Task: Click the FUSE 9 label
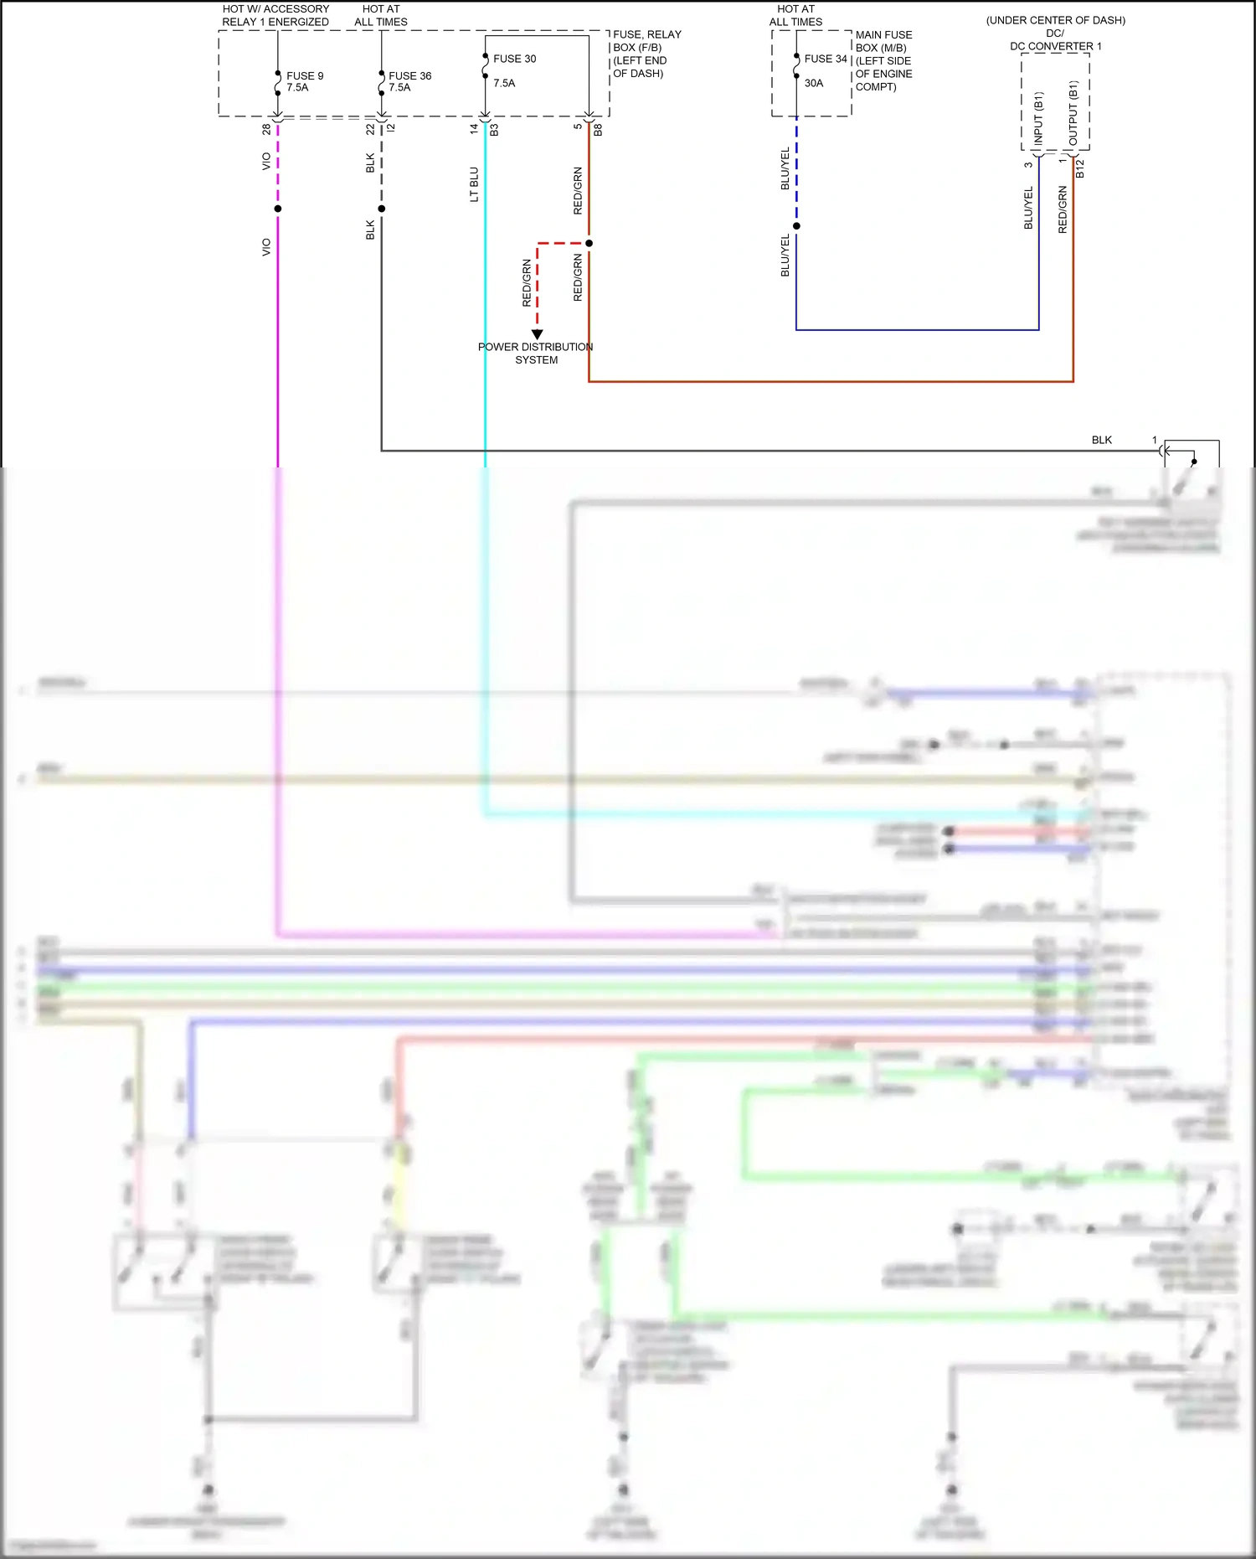coord(305,75)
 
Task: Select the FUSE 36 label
coord(409,75)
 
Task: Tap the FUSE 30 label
coord(514,59)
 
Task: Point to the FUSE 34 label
coord(825,59)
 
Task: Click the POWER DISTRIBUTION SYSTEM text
coord(535,353)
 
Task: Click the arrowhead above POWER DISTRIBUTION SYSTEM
coord(538,334)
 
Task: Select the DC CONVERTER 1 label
coord(1055,46)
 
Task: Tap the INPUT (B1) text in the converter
coord(1038,119)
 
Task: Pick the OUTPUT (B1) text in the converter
coord(1073,114)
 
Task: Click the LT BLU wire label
coord(474,184)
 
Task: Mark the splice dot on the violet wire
coord(278,209)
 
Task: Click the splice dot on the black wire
coord(382,209)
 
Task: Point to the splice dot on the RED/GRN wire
coord(589,244)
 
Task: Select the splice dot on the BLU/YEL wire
coord(796,226)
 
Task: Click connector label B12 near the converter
coord(1080,168)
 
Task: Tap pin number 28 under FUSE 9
coord(266,130)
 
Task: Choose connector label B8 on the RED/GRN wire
coord(598,131)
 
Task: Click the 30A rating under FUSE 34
coord(813,83)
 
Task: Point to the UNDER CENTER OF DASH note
coord(1055,20)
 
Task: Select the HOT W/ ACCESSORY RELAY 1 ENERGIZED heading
coord(275,15)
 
